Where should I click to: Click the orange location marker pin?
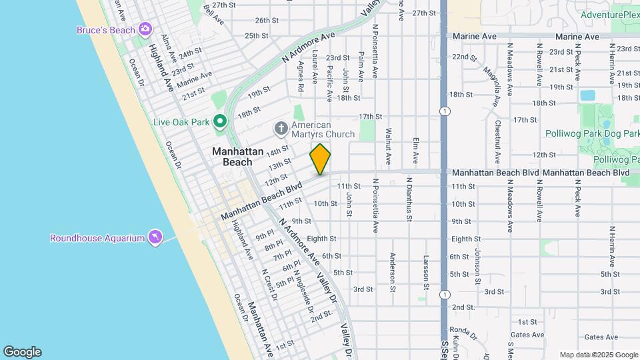tap(320, 159)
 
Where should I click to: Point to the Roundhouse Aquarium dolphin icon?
tap(155, 237)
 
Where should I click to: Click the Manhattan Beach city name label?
tap(232, 157)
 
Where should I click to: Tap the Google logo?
tap(22, 352)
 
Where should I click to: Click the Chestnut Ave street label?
tap(497, 140)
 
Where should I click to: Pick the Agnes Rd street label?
tap(301, 76)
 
